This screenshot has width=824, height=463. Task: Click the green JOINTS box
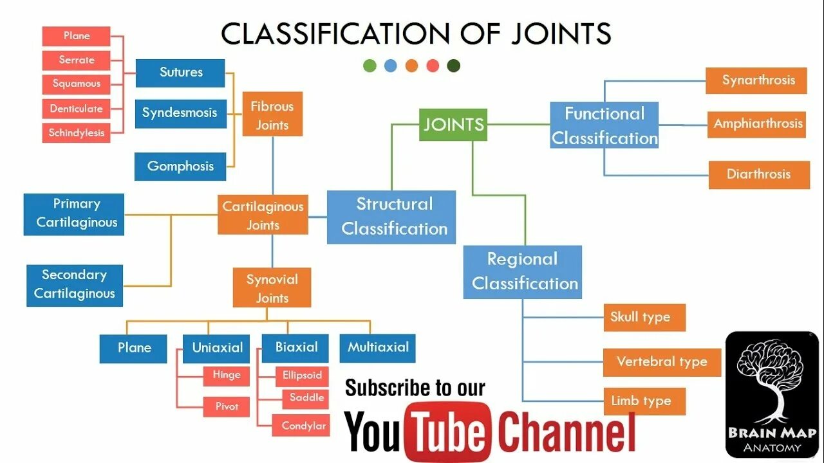pyautogui.click(x=453, y=125)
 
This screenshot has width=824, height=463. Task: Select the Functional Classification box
pyautogui.click(x=604, y=125)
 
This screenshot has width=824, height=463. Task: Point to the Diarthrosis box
pyautogui.click(x=758, y=174)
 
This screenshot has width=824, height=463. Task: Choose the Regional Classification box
pyautogui.click(x=523, y=271)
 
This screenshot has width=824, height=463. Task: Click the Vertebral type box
pyautogui.click(x=661, y=361)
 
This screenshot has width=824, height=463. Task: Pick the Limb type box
pyautogui.click(x=644, y=401)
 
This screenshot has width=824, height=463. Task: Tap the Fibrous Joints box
pyautogui.click(x=272, y=116)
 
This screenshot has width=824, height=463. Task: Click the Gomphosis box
pyautogui.click(x=180, y=167)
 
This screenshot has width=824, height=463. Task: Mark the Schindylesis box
pyautogui.click(x=76, y=133)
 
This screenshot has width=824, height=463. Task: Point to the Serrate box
pyautogui.click(x=76, y=60)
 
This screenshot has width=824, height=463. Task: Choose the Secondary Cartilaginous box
pyautogui.click(x=75, y=284)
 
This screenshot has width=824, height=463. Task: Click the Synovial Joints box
pyautogui.click(x=272, y=288)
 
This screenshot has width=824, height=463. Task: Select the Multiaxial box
pyautogui.click(x=378, y=348)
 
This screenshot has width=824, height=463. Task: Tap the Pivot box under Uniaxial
pyautogui.click(x=227, y=406)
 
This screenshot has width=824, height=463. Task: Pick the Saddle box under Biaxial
pyautogui.click(x=306, y=398)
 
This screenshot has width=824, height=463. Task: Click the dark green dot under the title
pyautogui.click(x=453, y=66)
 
